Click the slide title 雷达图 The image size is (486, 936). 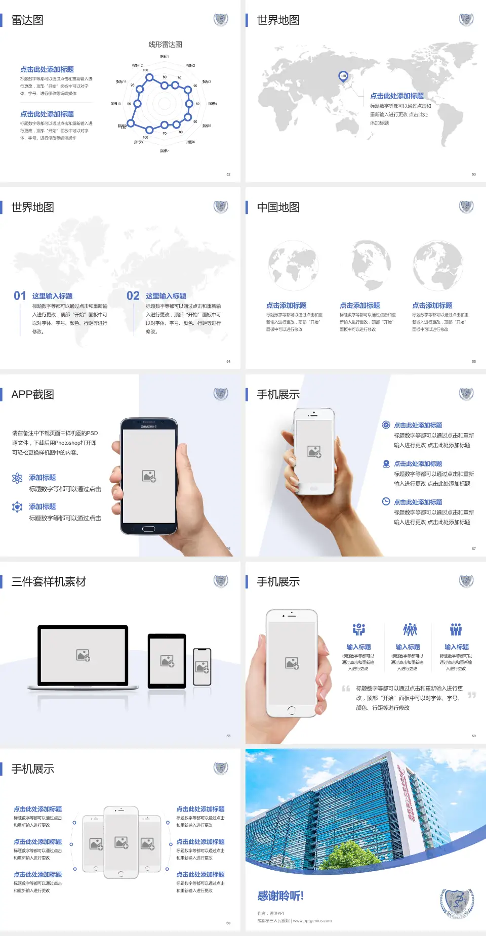pyautogui.click(x=27, y=20)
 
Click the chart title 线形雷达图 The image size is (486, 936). pyautogui.click(x=165, y=45)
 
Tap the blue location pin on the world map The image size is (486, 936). pyautogui.click(x=343, y=76)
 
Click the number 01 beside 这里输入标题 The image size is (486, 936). pyautogui.click(x=20, y=295)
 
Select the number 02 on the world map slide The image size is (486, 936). pyautogui.click(x=133, y=295)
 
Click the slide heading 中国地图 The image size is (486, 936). pyautogui.click(x=278, y=207)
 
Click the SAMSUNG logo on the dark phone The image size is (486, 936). pyautogui.click(x=149, y=427)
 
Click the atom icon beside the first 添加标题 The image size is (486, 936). pyautogui.click(x=17, y=478)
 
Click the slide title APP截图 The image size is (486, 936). pyautogui.click(x=32, y=395)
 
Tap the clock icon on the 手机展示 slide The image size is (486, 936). pyautogui.click(x=386, y=501)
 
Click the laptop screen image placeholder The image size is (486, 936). pyautogui.click(x=83, y=655)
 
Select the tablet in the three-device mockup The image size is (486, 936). pyautogui.click(x=167, y=660)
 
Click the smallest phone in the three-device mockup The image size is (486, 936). pyautogui.click(x=202, y=667)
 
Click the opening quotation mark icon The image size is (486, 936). pyautogui.click(x=346, y=689)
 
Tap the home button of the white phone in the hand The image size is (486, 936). pyautogui.click(x=291, y=710)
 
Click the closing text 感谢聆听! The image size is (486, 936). pyautogui.click(x=280, y=896)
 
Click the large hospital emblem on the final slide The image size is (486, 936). pyautogui.click(x=457, y=903)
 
